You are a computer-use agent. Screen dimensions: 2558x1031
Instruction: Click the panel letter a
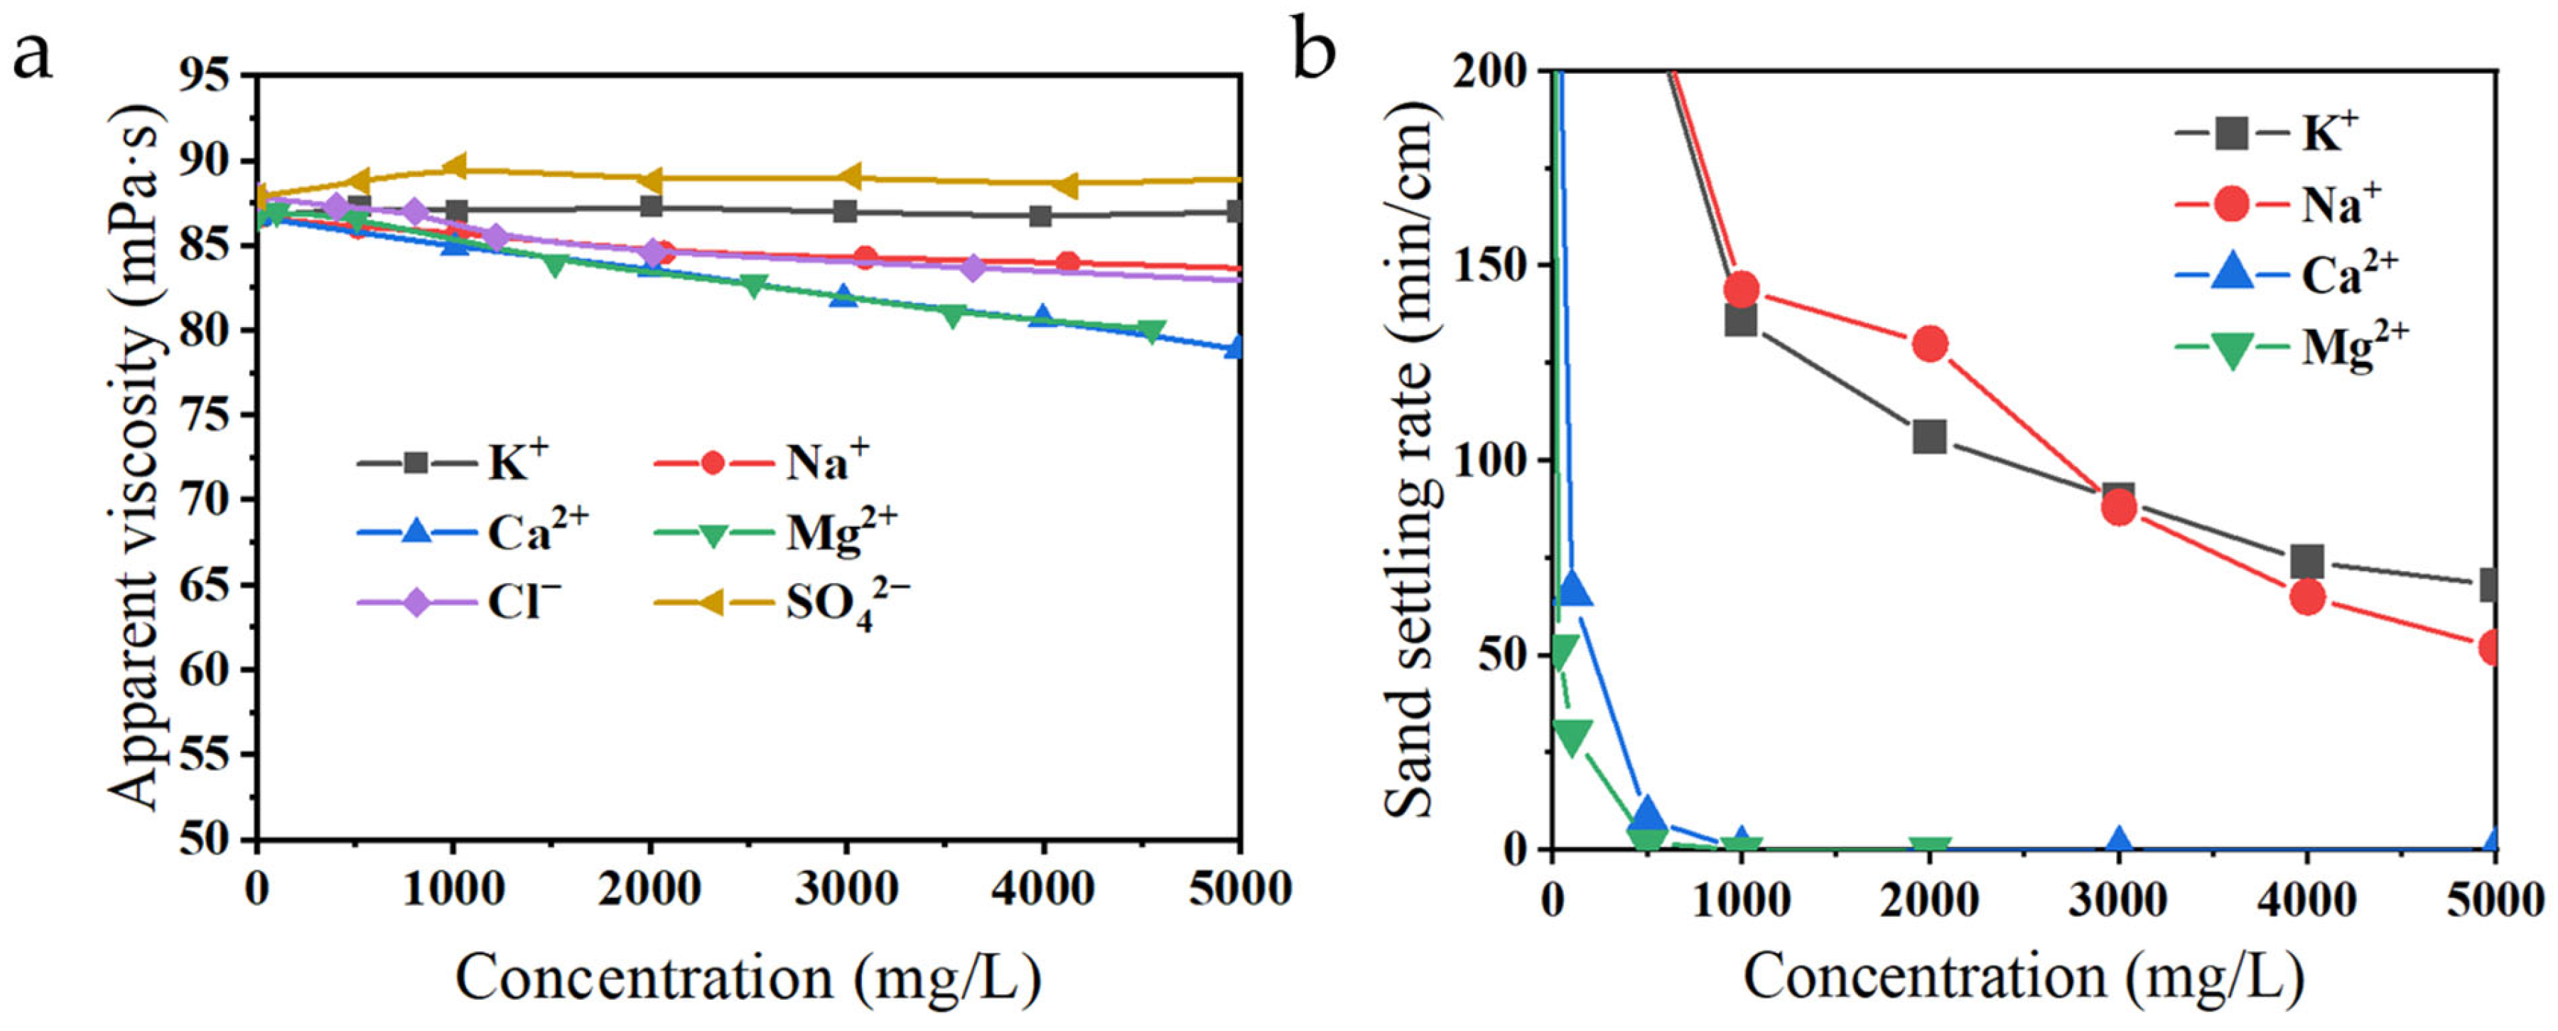(32, 58)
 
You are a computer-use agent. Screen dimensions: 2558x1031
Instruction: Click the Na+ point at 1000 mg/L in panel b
(1741, 289)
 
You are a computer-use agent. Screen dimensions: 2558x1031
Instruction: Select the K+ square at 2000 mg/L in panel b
(1929, 436)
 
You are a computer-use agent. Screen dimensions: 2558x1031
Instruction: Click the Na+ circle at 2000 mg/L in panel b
(1929, 343)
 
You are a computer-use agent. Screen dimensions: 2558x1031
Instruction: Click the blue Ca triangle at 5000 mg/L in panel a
(1236, 347)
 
